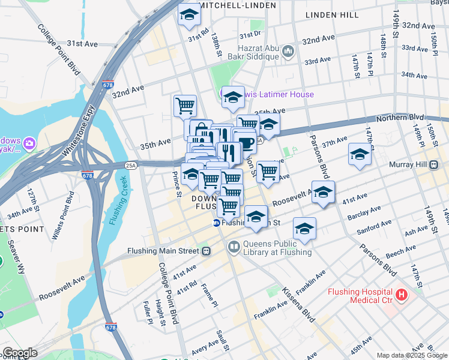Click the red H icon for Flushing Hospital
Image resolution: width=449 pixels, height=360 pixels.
[402, 295]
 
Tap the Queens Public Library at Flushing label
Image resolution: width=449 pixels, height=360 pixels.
[277, 248]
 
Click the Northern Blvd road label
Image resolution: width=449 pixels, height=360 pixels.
[399, 118]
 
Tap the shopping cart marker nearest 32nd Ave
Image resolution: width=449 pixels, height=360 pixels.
[185, 106]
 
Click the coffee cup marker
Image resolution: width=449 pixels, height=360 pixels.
[245, 142]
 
